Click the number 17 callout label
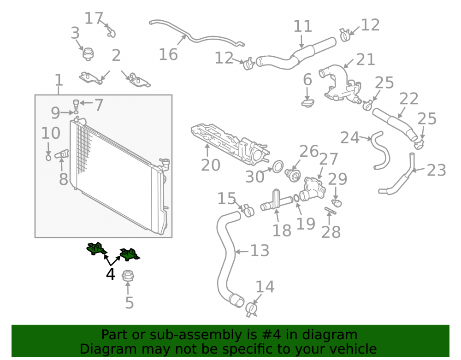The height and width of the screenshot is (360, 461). pos(94,18)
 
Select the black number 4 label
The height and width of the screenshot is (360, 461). pos(110,274)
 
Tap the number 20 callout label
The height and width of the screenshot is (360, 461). pos(211,165)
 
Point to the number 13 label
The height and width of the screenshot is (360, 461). pos(260,251)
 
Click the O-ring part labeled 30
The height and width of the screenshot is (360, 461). pos(278,166)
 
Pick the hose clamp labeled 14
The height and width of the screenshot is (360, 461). pos(251,309)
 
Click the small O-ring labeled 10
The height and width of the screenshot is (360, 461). pos(48,158)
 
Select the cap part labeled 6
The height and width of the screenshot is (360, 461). pos(308,103)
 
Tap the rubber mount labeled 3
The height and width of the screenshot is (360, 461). pos(88,54)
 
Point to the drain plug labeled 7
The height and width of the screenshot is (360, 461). pos(76,104)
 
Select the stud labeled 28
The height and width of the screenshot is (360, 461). pos(331,210)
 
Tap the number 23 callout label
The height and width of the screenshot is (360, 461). pos(436,171)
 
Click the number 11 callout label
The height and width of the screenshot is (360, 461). pos(302,26)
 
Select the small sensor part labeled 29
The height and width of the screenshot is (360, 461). pos(337,203)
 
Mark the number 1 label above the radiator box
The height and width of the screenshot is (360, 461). pos(59,80)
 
